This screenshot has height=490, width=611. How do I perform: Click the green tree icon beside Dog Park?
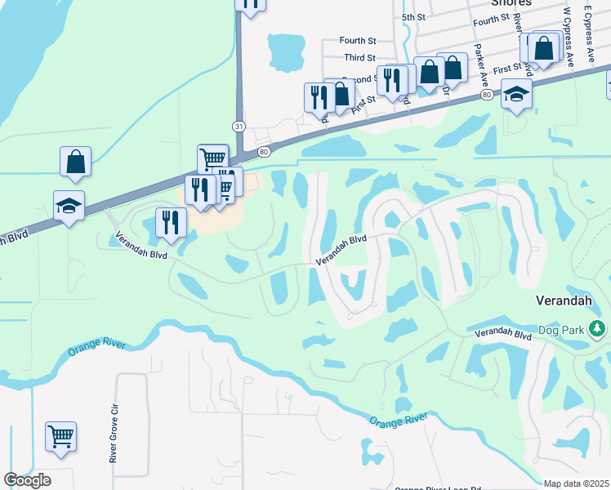coord(598,329)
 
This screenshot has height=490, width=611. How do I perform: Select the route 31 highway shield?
coord(238,126)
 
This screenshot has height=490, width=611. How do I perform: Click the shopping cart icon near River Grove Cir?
coord(60,437)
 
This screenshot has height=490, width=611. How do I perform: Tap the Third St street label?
coord(359,58)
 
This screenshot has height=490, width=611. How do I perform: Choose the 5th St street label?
coord(414,17)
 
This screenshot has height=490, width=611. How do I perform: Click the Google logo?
coord(27,480)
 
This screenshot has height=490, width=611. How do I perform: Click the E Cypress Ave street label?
coord(588,32)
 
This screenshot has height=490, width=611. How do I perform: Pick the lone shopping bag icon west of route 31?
coord(76,162)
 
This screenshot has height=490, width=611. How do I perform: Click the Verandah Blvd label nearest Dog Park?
coord(505,333)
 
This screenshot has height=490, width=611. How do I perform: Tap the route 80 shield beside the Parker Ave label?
coord(487,96)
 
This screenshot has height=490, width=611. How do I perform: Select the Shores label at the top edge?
coord(511,3)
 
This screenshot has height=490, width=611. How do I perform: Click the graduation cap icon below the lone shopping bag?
coord(69,207)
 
